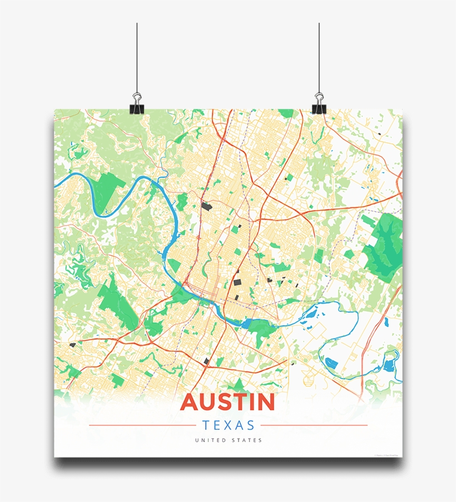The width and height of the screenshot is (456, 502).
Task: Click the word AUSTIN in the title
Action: (x=228, y=402)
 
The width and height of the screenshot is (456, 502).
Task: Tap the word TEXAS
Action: (x=228, y=426)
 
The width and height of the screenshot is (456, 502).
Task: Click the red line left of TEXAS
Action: (x=142, y=426)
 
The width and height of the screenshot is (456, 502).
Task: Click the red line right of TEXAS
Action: (x=314, y=426)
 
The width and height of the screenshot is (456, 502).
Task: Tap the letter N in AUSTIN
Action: (x=264, y=402)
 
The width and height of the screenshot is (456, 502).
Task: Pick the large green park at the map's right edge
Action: (x=384, y=245)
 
